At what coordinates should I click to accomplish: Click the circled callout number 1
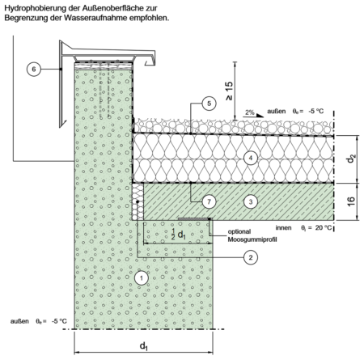pyautogui.click(x=142, y=278)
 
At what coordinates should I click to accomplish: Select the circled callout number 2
pyautogui.click(x=251, y=257)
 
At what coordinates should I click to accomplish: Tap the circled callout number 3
pyautogui.click(x=251, y=201)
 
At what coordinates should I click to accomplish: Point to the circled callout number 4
pyautogui.click(x=251, y=158)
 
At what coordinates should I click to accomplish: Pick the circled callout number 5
pyautogui.click(x=209, y=104)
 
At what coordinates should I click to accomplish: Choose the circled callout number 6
pyautogui.click(x=34, y=69)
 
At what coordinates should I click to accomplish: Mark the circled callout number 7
pyautogui.click(x=209, y=201)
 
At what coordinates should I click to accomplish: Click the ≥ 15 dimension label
pyautogui.click(x=229, y=91)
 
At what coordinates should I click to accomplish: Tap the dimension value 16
pyautogui.click(x=351, y=201)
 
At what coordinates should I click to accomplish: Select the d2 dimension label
pyautogui.click(x=351, y=158)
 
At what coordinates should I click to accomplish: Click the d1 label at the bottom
pyautogui.click(x=144, y=345)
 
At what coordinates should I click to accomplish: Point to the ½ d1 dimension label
pyautogui.click(x=179, y=234)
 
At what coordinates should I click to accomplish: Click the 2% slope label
pyautogui.click(x=250, y=112)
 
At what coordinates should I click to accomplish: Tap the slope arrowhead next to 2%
pyautogui.click(x=260, y=116)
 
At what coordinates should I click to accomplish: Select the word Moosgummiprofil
pyautogui.click(x=252, y=239)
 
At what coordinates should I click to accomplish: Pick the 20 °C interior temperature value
pyautogui.click(x=324, y=228)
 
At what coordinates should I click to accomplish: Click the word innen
pyautogui.click(x=283, y=228)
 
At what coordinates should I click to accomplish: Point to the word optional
pyautogui.click(x=239, y=231)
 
